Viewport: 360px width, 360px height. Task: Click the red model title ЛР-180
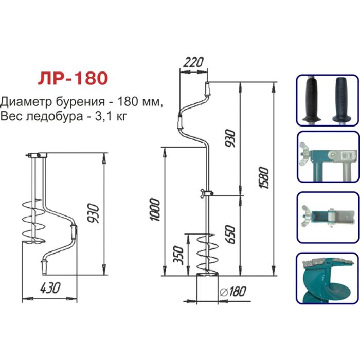point(72,79)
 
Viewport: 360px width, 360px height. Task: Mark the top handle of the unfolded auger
point(207,90)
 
